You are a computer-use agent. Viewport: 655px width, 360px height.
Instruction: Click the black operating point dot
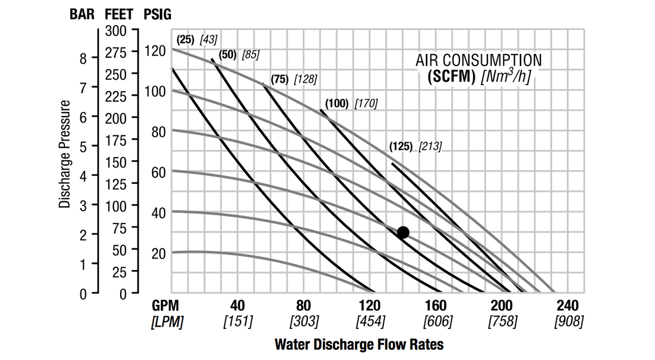point(403,233)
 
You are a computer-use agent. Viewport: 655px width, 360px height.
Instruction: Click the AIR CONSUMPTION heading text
point(479,60)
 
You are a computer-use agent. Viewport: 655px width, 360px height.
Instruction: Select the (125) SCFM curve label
point(401,147)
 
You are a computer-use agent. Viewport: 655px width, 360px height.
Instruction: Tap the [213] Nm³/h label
point(430,147)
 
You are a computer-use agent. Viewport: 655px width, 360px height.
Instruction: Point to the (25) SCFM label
point(186,39)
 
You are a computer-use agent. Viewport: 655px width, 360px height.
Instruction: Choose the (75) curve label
point(280,79)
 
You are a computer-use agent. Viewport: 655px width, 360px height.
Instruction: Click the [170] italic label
point(366,103)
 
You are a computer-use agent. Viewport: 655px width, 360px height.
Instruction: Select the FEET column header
point(118,14)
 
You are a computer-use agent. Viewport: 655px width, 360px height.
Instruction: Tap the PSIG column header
point(157,14)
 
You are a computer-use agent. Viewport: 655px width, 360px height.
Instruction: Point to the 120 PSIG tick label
point(156,52)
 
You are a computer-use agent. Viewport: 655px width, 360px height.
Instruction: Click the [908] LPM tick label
point(568,322)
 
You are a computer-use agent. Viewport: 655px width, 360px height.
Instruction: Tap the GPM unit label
point(165,305)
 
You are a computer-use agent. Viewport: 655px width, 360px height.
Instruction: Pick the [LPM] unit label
point(166,322)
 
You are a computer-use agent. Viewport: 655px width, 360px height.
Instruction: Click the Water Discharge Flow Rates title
point(359,345)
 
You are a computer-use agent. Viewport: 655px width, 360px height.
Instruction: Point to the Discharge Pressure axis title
point(65,154)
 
